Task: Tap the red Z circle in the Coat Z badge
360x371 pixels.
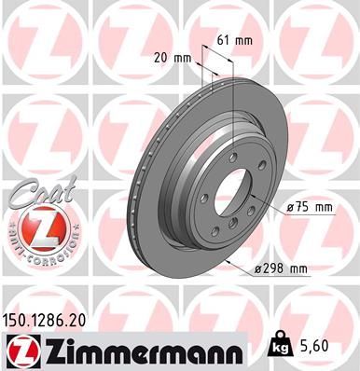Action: tap(37, 228)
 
